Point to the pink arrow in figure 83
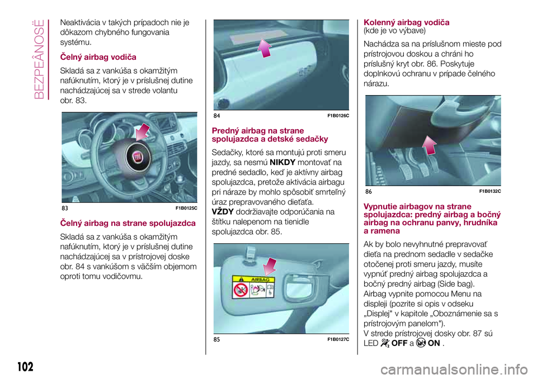142,131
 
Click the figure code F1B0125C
186,209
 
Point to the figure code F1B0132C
489,191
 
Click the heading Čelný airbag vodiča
98,57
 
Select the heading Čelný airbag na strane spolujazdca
128,223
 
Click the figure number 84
217,115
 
